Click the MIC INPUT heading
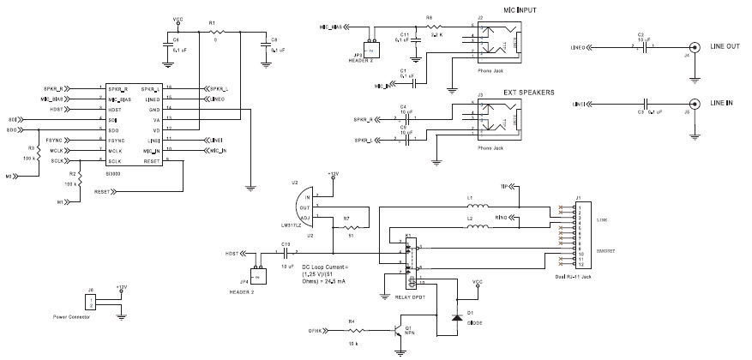pos(509,9)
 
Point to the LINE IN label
pos(724,104)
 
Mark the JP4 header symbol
pos(255,259)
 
